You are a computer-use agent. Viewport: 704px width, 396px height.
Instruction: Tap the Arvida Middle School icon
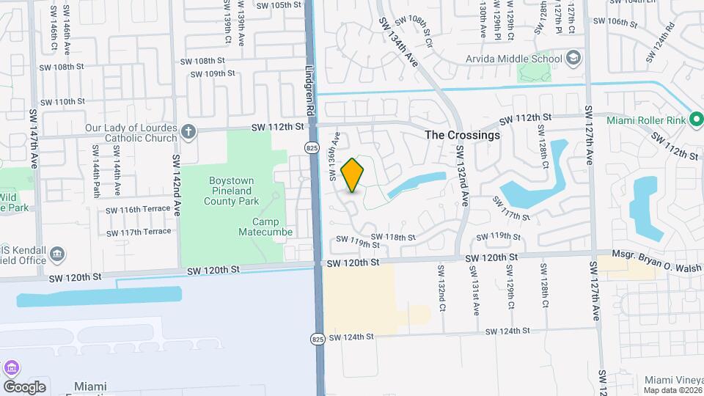point(573,59)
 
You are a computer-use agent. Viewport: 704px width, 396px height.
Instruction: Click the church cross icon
point(188,132)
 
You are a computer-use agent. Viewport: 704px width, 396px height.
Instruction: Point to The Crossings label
point(463,135)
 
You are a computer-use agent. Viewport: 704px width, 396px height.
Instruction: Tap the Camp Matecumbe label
point(265,227)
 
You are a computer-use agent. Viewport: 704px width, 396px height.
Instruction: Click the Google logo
point(24,386)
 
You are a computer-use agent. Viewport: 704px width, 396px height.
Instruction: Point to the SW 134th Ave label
point(398,44)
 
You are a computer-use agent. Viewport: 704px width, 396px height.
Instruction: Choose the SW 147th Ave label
point(34,139)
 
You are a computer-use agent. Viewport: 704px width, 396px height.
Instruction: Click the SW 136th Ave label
point(334,155)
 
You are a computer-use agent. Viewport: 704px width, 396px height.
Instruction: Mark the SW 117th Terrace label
point(139,232)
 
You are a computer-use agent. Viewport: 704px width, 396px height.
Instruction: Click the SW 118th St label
point(393,237)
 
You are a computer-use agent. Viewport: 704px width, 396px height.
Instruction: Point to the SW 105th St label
point(279,4)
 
